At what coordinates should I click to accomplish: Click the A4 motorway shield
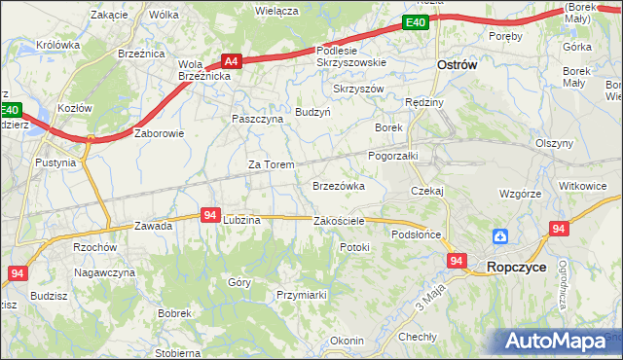(231, 59)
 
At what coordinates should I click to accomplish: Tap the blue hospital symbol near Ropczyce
(499, 235)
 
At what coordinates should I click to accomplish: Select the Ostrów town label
(455, 64)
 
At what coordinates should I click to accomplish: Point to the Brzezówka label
(338, 185)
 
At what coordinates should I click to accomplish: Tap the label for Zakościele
(339, 221)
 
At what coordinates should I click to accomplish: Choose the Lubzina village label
(241, 220)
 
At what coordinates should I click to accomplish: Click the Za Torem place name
(271, 164)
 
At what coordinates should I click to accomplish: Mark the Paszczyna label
(257, 119)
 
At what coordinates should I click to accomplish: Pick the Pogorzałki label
(392, 155)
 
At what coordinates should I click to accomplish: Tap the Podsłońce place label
(417, 234)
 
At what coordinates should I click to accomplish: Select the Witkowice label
(583, 185)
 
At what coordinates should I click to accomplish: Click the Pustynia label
(55, 162)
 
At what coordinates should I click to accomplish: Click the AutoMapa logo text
(560, 341)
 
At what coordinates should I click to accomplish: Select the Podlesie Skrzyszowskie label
(350, 55)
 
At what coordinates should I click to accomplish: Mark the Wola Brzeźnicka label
(203, 71)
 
